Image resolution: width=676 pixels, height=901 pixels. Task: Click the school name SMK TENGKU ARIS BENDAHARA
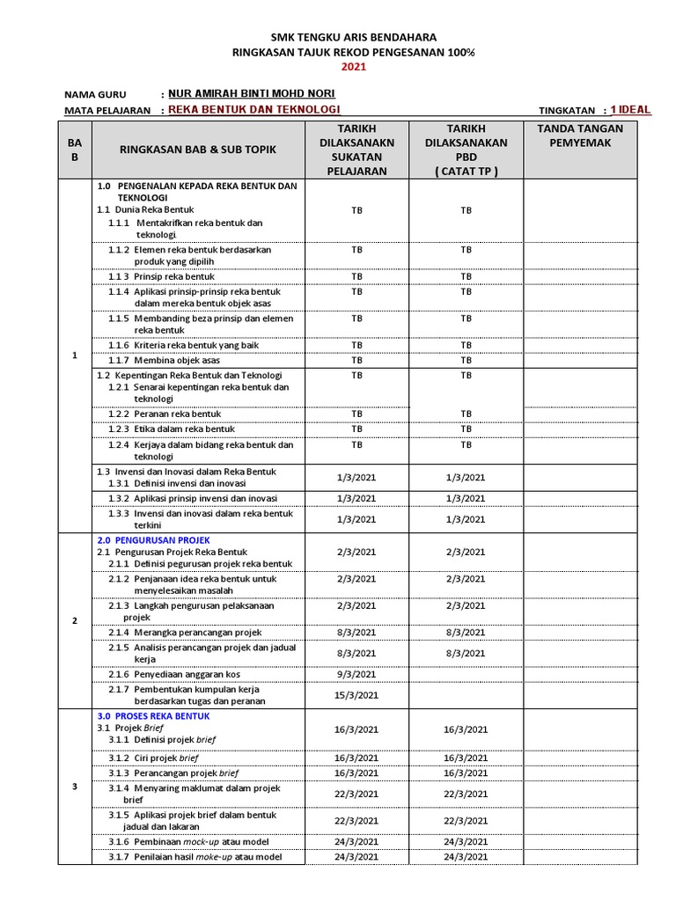coord(352,37)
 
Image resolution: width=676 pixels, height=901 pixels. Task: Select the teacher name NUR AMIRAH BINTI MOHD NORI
coord(251,94)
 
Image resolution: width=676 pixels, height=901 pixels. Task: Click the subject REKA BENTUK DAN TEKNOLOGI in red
coord(253,110)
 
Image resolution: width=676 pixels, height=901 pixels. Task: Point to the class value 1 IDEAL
coord(630,110)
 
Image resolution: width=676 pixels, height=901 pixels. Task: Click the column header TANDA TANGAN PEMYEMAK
coord(579,136)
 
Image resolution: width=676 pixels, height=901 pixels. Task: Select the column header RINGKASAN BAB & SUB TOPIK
coord(198,150)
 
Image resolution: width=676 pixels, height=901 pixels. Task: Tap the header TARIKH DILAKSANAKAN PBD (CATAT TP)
coord(466,150)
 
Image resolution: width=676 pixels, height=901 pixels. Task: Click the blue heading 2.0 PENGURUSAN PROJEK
coord(153,539)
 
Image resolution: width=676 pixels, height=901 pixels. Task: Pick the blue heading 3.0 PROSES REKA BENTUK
coord(153,716)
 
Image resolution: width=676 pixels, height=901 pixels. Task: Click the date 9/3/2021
coord(356,674)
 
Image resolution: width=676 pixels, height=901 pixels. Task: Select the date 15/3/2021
coord(356,695)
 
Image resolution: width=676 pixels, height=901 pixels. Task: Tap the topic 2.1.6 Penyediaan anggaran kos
coord(174,674)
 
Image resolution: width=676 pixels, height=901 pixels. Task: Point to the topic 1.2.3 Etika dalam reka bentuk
coord(172,429)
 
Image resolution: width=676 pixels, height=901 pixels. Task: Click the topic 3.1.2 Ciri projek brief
coord(154,758)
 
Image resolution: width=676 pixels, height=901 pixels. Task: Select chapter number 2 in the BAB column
coord(75,620)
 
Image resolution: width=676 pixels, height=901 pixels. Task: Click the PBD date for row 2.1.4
coord(466,632)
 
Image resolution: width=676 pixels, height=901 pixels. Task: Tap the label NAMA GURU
coord(95,95)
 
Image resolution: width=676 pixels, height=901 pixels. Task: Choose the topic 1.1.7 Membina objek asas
coord(165,361)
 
